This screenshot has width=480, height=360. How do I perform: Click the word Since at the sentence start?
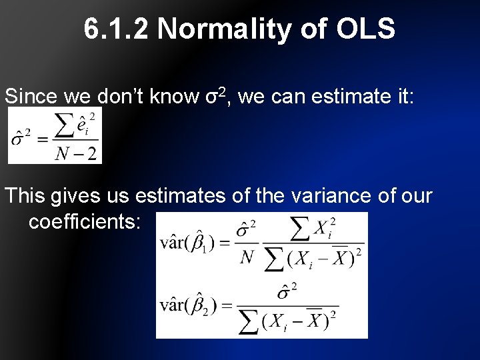(x=31, y=97)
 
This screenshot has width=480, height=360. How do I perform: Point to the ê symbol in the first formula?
(x=81, y=125)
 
